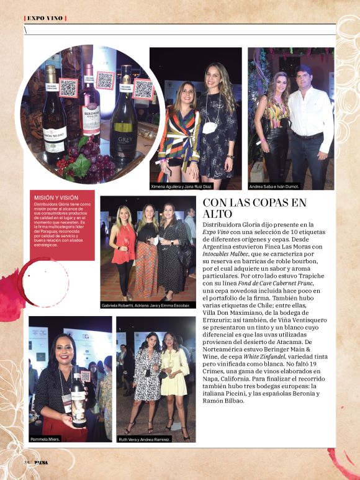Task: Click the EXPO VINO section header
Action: click(43, 18)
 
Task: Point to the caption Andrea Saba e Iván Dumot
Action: click(274, 186)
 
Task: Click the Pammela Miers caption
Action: click(44, 438)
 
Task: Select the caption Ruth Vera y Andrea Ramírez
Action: click(145, 438)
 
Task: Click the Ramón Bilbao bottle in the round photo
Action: click(55, 118)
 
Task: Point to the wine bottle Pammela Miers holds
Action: click(79, 397)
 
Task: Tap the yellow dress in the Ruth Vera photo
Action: click(173, 378)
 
